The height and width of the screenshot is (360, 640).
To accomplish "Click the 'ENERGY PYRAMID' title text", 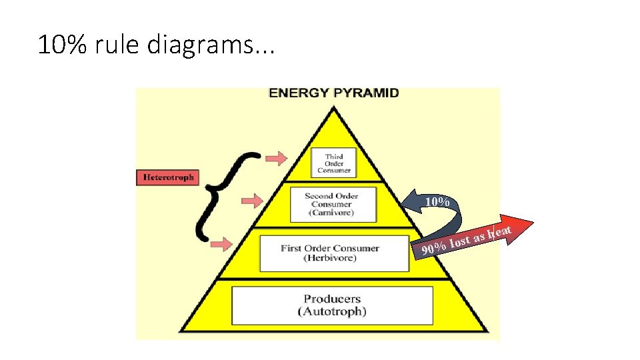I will coord(333,93).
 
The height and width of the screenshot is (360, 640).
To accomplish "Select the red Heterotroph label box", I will coord(168,177).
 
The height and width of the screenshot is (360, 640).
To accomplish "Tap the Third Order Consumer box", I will coord(334,163).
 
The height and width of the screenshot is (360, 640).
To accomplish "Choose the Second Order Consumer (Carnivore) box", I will coord(331,204).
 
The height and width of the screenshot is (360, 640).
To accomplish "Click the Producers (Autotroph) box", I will coord(332,305).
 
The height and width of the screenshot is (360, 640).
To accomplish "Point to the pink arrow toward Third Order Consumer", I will coord(275,158).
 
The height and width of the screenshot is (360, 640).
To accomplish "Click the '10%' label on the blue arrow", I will coord(437,201).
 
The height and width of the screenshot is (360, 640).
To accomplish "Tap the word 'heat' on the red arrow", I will coord(499,231).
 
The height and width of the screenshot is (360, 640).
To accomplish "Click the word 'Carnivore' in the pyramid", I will coord(331,213).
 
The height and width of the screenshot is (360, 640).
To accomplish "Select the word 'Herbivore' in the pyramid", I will coord(330,258).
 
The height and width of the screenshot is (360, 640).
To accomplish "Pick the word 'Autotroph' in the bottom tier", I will coord(332,311).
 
